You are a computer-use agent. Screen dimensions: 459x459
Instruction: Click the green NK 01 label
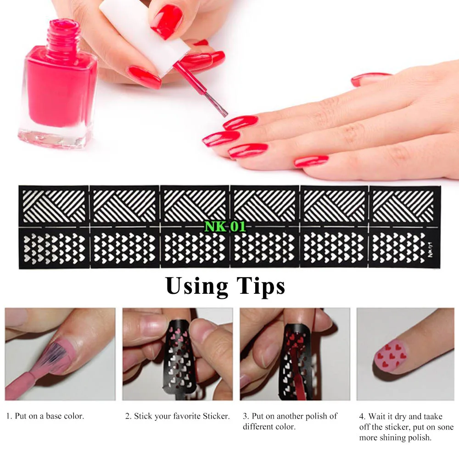coord(225,226)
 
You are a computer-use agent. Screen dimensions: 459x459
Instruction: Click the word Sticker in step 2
coord(216,416)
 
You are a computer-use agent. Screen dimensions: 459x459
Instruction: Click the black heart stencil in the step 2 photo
coord(181,363)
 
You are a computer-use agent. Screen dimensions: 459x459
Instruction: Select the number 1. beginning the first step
coord(9,416)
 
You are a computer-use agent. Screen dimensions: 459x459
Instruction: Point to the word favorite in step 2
coord(186,416)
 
